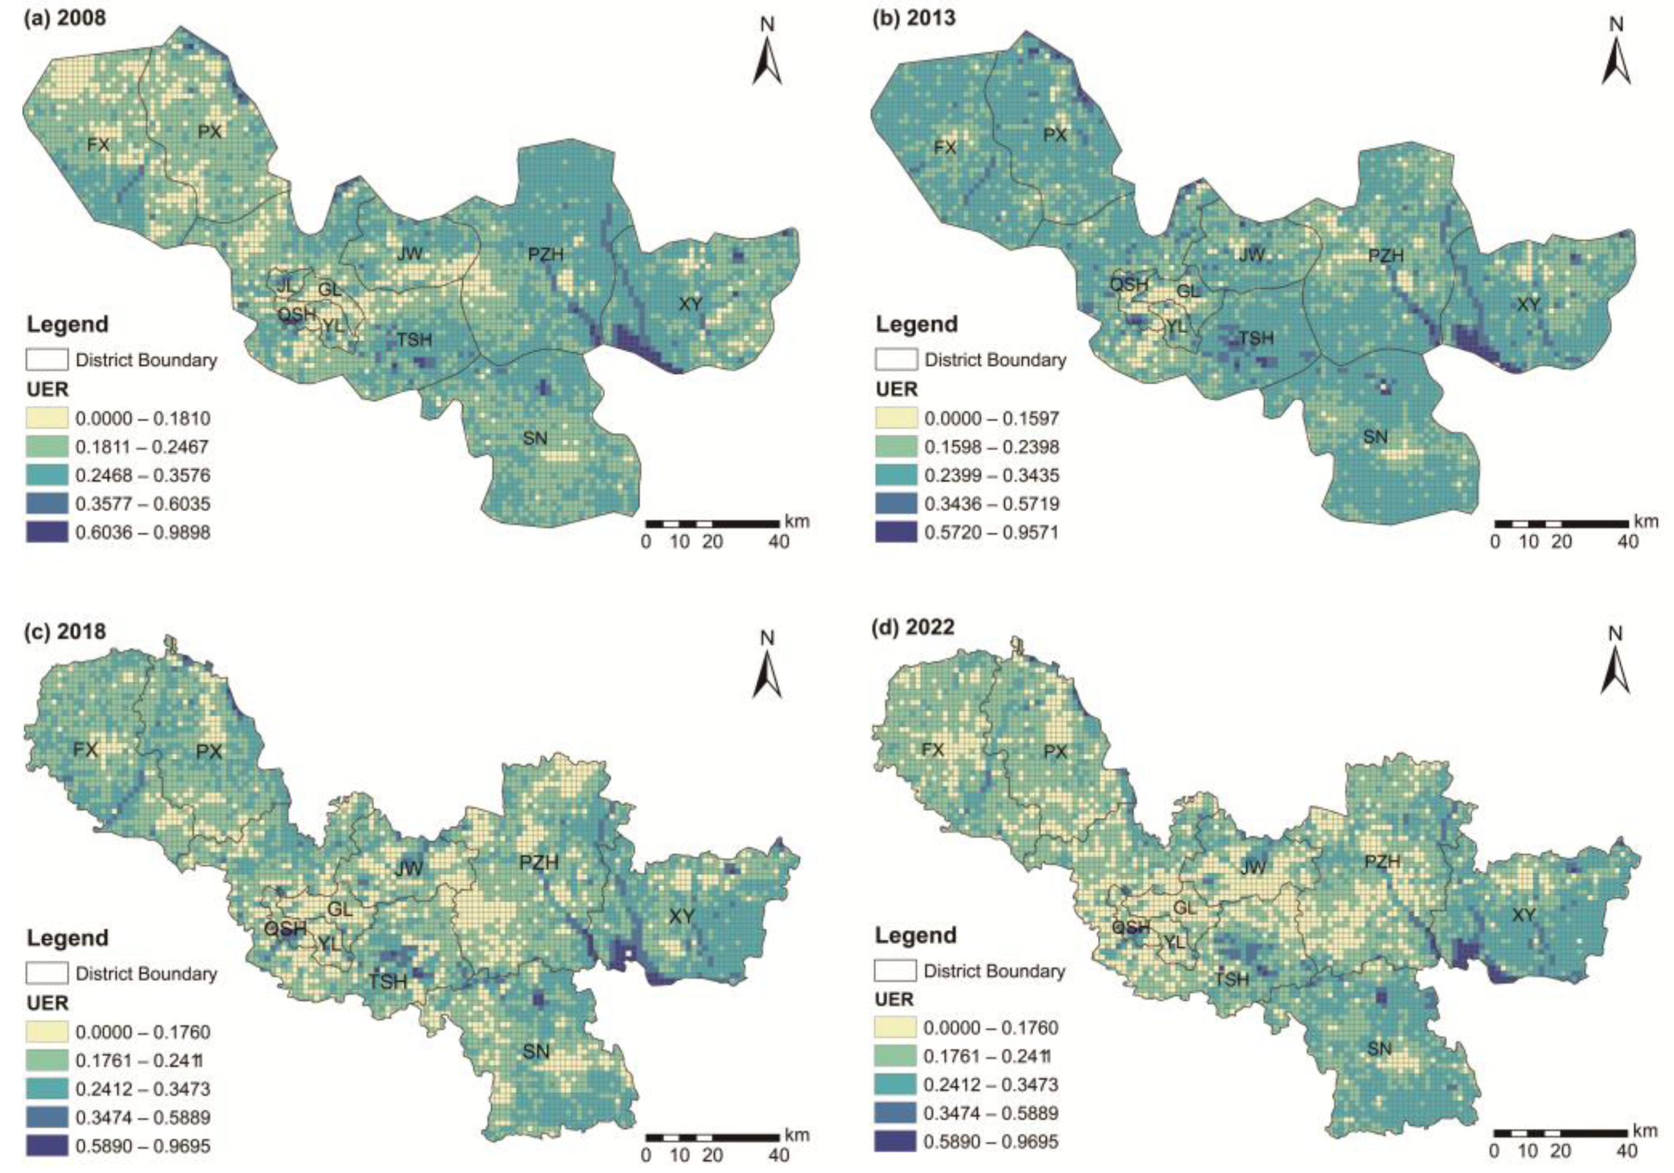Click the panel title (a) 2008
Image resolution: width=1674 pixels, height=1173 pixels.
(65, 17)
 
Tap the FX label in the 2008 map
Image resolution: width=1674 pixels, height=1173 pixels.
(98, 144)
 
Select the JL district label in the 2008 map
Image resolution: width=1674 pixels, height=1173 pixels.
(287, 285)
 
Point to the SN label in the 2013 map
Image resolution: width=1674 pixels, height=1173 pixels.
(1375, 437)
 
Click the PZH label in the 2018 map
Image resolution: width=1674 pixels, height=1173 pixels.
(539, 862)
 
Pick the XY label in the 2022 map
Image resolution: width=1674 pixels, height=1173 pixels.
(1524, 915)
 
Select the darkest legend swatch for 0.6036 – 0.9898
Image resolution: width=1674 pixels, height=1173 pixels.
(47, 532)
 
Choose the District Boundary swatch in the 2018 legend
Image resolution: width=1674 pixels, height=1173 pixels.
(47, 973)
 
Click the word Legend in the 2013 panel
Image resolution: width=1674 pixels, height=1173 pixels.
(916, 324)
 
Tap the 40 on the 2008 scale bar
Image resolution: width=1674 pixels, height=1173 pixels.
(779, 542)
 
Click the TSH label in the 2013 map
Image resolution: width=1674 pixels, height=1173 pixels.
(1256, 338)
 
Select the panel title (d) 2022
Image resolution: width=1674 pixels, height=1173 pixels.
(913, 627)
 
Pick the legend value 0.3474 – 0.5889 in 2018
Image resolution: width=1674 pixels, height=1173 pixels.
(142, 1117)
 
